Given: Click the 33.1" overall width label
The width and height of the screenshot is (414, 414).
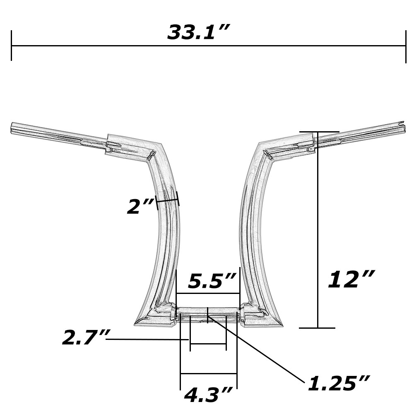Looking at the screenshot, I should (x=198, y=32).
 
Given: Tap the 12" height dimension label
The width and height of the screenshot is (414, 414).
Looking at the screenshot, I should (x=351, y=280).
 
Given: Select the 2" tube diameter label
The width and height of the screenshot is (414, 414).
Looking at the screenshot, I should (x=140, y=207).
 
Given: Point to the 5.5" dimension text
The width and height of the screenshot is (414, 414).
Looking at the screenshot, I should (x=212, y=282).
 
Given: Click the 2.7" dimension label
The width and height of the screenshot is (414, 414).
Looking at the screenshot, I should (x=83, y=338).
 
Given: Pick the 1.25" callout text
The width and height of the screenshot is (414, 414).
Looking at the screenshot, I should (x=338, y=384).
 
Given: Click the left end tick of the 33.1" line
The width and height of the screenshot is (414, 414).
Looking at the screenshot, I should (x=12, y=46).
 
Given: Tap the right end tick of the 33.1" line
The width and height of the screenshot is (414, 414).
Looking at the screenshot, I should (x=405, y=46).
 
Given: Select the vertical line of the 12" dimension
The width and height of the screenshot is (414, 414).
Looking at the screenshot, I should (x=318, y=232).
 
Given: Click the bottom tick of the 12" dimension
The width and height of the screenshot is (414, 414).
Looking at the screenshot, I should (x=317, y=328).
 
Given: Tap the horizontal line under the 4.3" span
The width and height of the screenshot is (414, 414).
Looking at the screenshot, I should (x=208, y=374).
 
